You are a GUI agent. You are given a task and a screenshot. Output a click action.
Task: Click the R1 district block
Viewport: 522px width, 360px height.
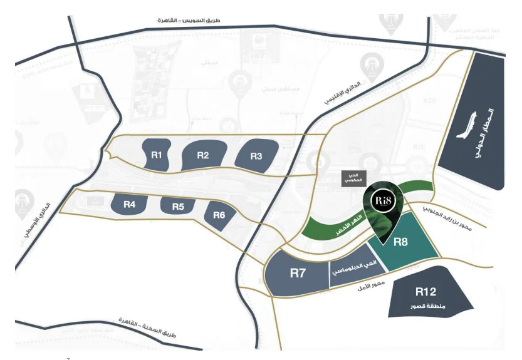[157, 155]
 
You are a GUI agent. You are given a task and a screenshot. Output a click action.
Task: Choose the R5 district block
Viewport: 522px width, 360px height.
[178, 206]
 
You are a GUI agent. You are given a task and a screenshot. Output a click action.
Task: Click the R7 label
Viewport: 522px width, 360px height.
[298, 273]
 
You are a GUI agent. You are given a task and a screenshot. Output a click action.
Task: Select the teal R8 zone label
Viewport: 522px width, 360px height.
[400, 240]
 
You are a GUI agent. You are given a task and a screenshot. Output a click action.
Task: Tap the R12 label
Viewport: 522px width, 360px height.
[425, 291]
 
